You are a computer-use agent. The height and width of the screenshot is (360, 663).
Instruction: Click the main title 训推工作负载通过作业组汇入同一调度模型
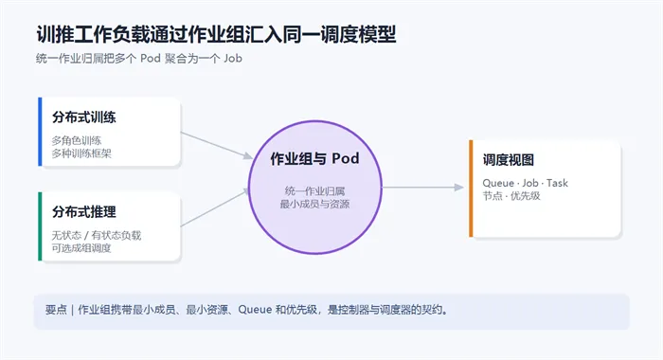(x=216, y=35)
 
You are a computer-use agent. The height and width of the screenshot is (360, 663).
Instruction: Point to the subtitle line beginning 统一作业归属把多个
(x=139, y=59)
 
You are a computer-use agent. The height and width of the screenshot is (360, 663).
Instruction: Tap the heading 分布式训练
(x=84, y=117)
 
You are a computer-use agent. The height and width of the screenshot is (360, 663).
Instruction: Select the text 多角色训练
(x=77, y=140)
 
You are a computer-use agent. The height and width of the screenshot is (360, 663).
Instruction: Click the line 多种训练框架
(x=81, y=153)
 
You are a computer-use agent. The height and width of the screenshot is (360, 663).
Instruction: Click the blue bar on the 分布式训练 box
(x=40, y=132)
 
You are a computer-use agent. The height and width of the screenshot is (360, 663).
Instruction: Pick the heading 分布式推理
(x=84, y=212)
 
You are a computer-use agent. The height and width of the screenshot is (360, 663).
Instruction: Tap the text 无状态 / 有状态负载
(x=97, y=235)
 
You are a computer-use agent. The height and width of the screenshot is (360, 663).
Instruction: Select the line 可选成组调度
(x=81, y=248)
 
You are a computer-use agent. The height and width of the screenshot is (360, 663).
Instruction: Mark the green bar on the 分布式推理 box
(x=40, y=226)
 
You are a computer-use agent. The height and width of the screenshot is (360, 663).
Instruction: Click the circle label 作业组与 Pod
(x=315, y=158)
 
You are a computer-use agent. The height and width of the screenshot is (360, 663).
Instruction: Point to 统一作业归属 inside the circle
(x=315, y=191)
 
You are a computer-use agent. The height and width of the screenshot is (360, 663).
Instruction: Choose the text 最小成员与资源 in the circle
(x=315, y=205)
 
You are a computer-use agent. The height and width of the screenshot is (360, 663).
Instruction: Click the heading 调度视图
(x=509, y=160)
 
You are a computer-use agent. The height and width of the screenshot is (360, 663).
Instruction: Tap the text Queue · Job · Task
(x=525, y=183)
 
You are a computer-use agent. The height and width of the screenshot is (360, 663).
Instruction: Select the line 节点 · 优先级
(x=511, y=196)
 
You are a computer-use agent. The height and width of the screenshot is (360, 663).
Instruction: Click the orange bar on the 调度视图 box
(x=471, y=189)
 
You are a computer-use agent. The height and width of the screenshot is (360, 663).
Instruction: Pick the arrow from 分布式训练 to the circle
(x=217, y=145)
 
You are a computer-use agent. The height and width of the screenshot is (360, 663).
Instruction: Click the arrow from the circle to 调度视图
(x=422, y=188)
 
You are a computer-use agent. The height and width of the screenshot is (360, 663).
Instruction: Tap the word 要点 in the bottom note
(x=56, y=310)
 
